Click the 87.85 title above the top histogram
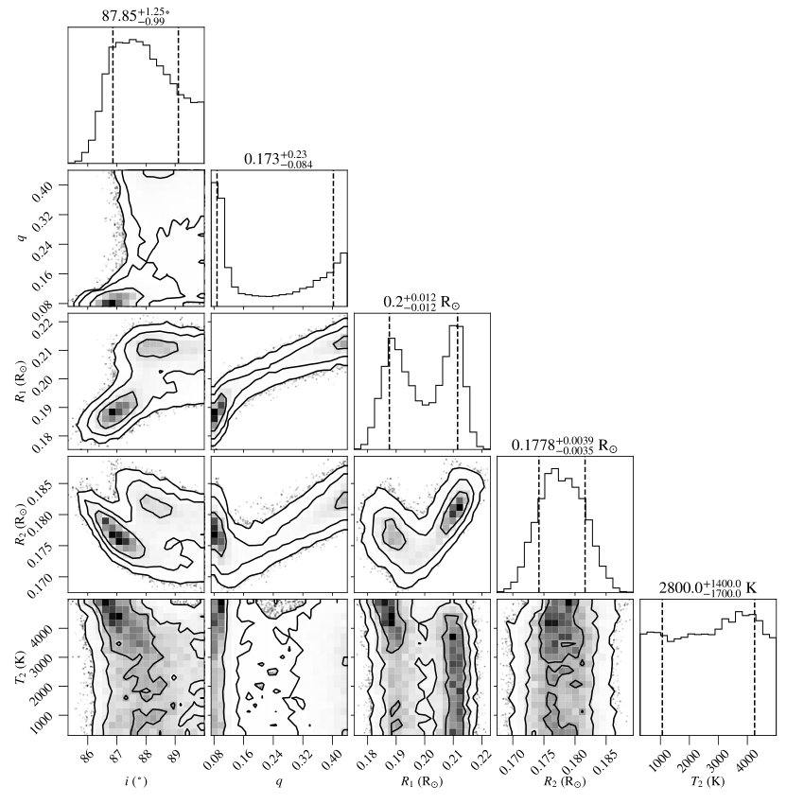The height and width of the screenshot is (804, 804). click(136, 15)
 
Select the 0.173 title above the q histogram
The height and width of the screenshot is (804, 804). click(278, 158)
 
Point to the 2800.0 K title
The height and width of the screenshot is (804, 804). click(708, 587)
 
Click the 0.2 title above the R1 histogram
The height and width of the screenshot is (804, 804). click(422, 302)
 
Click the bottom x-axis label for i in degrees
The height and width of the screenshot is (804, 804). click(135, 781)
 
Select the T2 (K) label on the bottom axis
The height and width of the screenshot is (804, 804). click(708, 781)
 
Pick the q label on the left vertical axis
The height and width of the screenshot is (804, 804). click(22, 236)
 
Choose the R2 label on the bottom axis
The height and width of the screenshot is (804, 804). click(565, 781)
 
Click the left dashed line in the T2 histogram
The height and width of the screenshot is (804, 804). click(662, 667)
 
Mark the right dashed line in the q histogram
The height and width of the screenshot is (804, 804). click(333, 238)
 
